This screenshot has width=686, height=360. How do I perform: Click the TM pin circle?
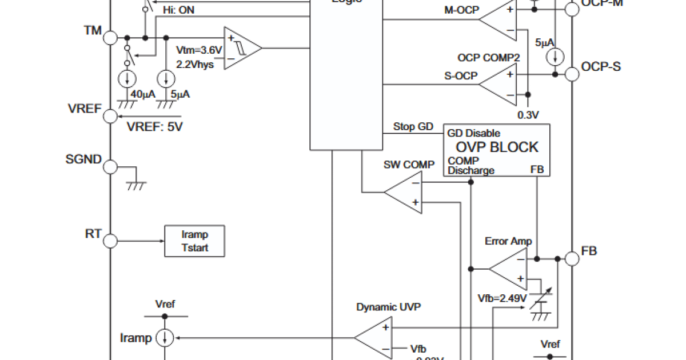(110, 38)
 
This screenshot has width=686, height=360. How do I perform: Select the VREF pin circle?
(110, 116)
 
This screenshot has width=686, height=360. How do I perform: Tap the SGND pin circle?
(110, 167)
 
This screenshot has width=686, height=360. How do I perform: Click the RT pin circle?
(110, 241)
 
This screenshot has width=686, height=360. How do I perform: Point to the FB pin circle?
(572, 258)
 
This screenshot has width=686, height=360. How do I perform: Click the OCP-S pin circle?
(572, 74)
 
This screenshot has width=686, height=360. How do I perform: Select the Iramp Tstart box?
(194, 241)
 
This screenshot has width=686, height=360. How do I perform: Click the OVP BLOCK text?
(497, 147)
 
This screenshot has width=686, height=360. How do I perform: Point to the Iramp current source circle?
(165, 338)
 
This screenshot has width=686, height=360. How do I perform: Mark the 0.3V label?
(528, 115)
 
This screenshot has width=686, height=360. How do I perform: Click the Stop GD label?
(413, 126)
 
